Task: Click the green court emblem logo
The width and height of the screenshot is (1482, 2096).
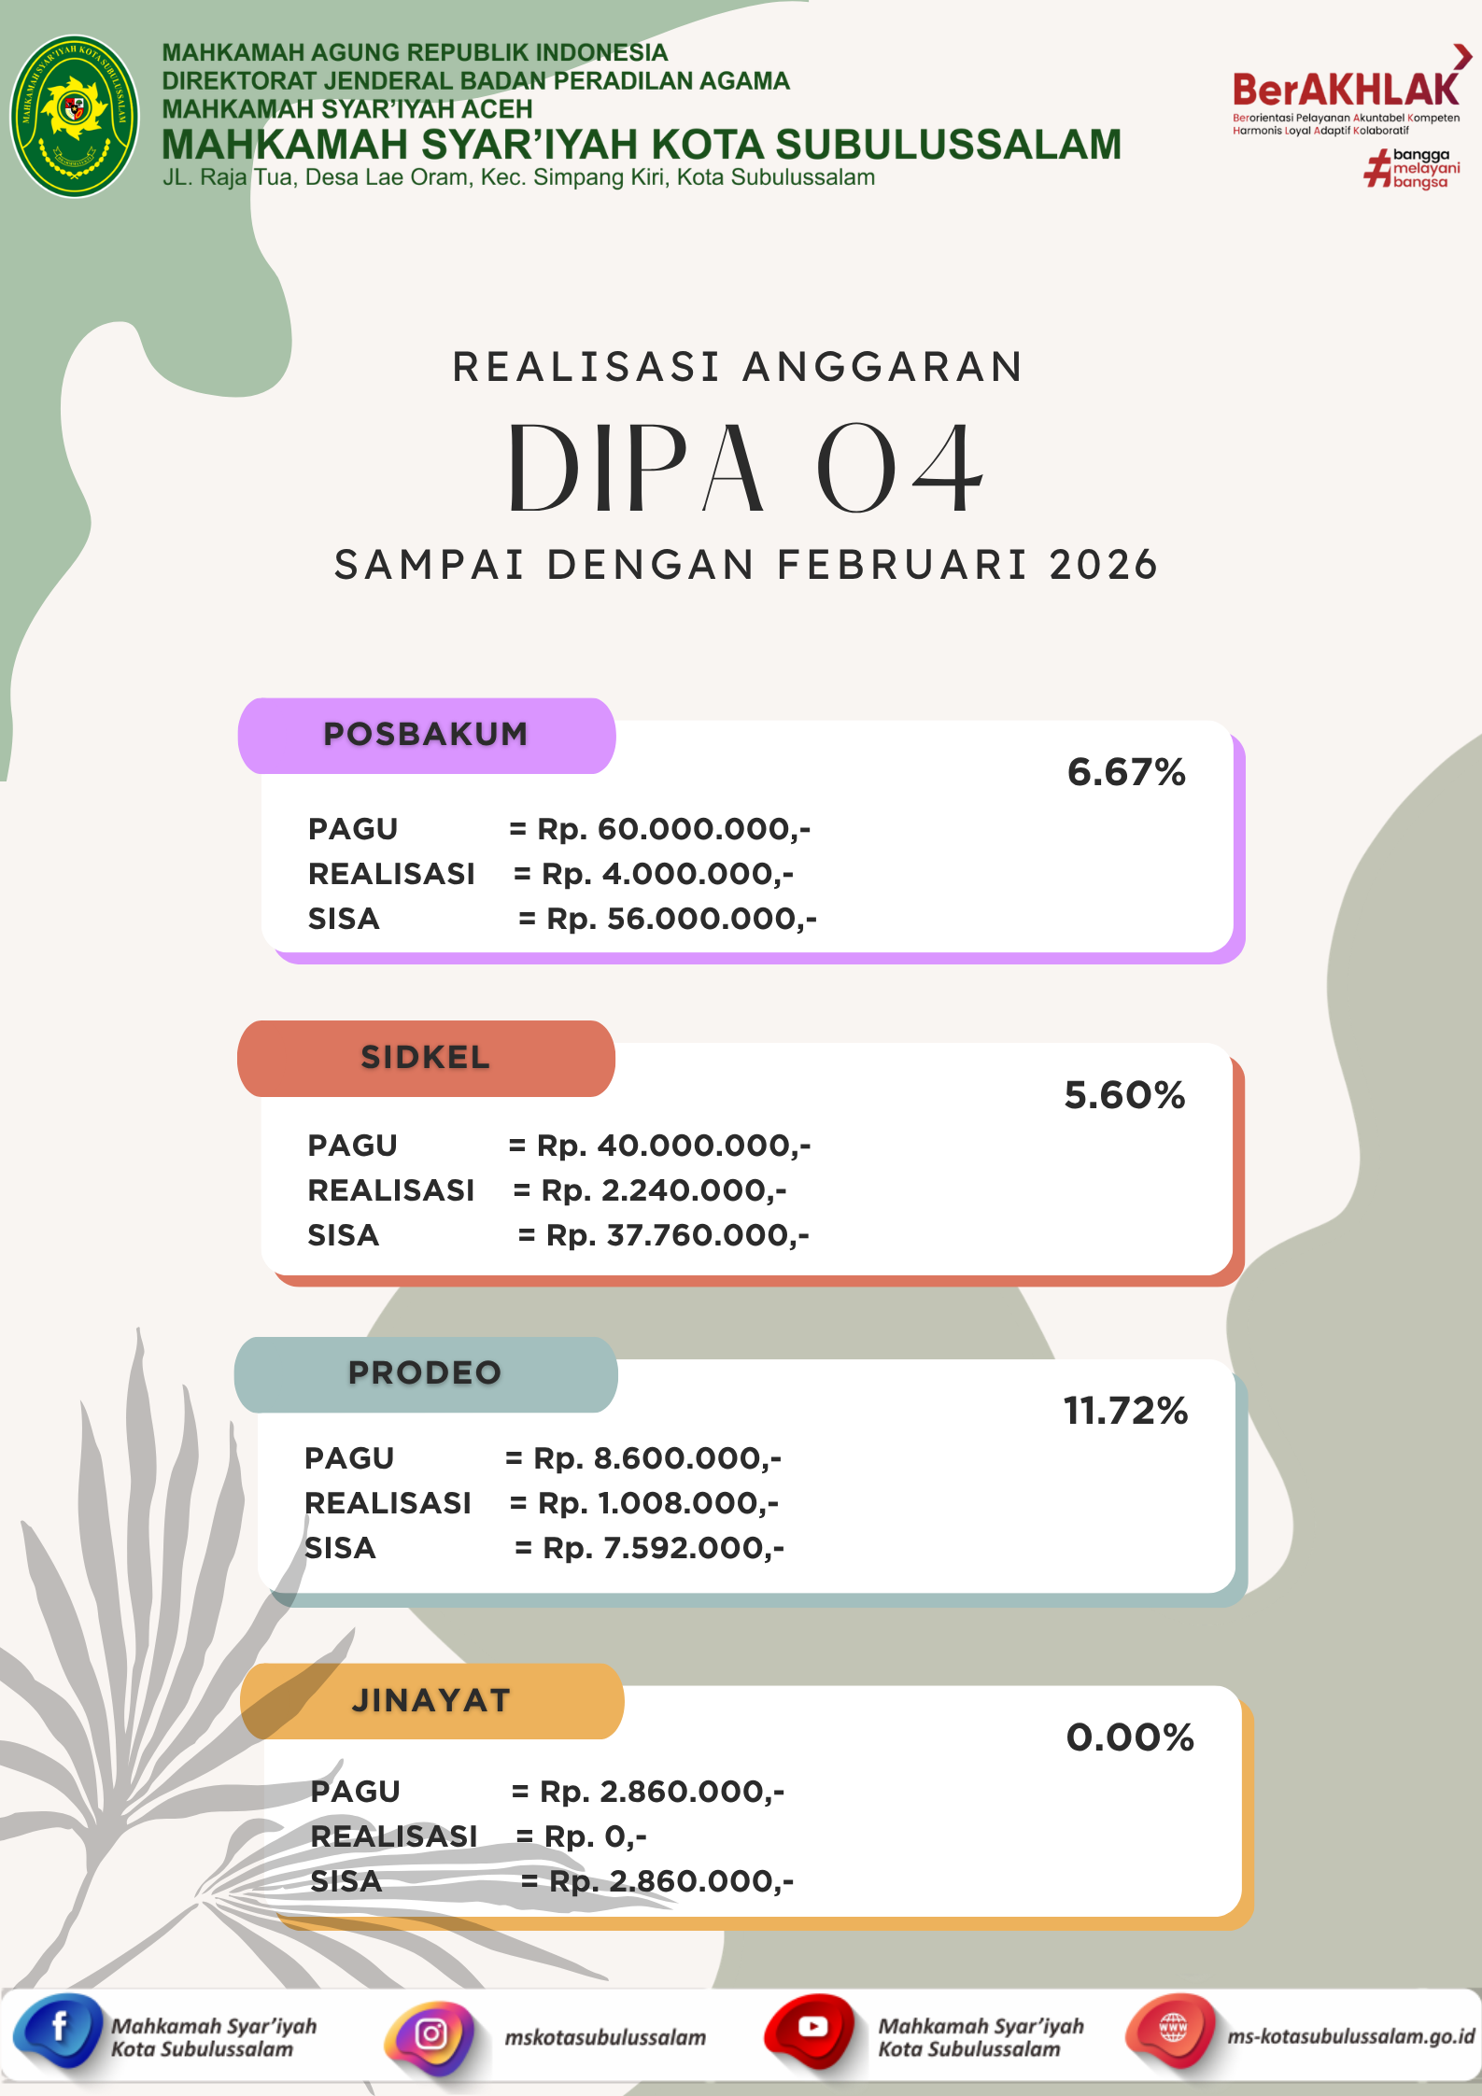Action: click(x=75, y=116)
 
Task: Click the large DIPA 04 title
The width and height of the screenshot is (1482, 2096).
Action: click(x=745, y=469)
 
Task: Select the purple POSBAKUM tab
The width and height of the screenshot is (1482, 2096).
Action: click(x=426, y=735)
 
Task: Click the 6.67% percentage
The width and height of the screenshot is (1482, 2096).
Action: click(x=1126, y=773)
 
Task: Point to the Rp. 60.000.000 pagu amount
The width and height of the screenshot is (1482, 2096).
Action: click(x=672, y=829)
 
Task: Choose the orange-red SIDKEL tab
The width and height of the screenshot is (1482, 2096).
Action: click(x=426, y=1058)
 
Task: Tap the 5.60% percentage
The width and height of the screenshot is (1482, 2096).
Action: click(x=1124, y=1095)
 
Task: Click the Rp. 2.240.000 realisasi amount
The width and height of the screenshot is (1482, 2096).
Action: click(x=663, y=1190)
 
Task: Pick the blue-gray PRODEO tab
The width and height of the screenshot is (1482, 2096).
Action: click(x=426, y=1373)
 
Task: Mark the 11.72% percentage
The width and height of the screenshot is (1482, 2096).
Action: click(x=1125, y=1411)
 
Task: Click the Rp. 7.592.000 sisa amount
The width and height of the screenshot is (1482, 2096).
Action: click(x=663, y=1548)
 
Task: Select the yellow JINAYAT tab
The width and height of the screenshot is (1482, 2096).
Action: click(x=431, y=1701)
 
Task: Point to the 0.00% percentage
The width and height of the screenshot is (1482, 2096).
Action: click(x=1130, y=1737)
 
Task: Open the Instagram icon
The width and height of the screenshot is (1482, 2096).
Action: click(x=430, y=2035)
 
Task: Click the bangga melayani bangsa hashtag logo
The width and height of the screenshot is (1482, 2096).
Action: click(x=1412, y=169)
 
